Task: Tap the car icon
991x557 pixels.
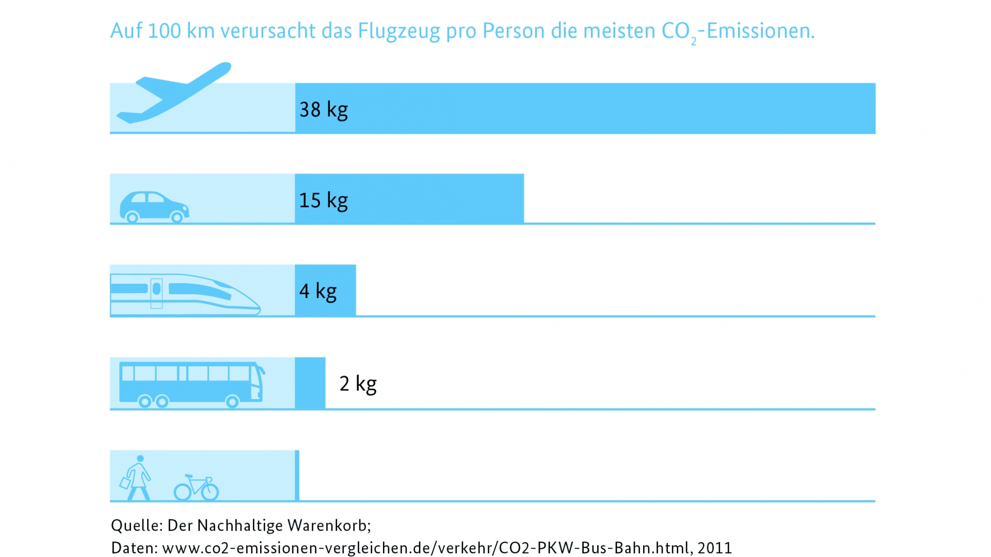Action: click(154, 206)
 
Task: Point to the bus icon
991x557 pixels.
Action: click(191, 384)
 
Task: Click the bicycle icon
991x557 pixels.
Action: click(196, 488)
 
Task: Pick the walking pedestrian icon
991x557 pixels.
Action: click(136, 479)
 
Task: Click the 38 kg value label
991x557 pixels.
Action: click(324, 109)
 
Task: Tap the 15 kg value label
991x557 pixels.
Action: click(324, 200)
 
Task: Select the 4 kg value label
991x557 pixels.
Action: click(318, 291)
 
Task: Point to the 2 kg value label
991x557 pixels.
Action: click(358, 384)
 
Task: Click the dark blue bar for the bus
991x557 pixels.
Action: click(310, 383)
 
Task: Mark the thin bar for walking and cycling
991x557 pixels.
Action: click(297, 475)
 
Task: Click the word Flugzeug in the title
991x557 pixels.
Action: click(399, 31)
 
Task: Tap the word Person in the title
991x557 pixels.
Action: click(514, 31)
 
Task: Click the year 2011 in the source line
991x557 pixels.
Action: click(715, 548)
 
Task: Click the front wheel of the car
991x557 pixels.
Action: click(177, 217)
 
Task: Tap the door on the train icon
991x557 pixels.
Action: click(156, 293)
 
